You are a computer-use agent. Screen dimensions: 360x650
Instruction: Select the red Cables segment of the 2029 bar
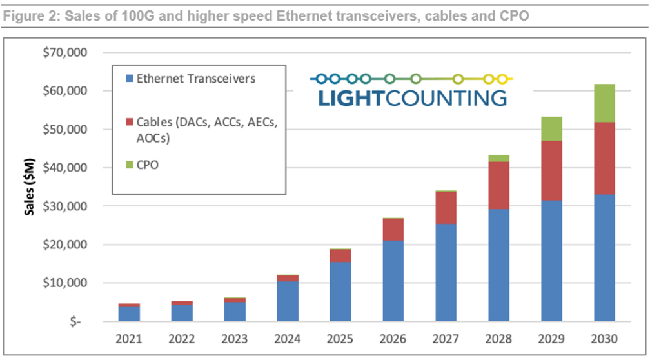[x=551, y=170]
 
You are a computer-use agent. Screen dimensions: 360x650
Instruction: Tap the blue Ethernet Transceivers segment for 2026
[x=393, y=281]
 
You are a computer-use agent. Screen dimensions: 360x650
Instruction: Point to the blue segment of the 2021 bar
[x=128, y=314]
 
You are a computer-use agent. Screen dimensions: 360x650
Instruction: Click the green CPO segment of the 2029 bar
[x=551, y=128]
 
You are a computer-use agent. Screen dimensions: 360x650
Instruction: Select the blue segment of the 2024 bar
[x=287, y=301]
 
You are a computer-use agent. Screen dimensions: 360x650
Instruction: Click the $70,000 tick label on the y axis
[x=64, y=52]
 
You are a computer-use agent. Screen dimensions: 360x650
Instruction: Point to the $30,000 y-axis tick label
[x=64, y=206]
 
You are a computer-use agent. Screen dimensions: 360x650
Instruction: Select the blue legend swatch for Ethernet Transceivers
[x=130, y=79]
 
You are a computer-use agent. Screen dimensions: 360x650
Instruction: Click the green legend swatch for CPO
[x=130, y=165]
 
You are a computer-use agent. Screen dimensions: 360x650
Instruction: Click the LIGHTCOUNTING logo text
[x=412, y=97]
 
